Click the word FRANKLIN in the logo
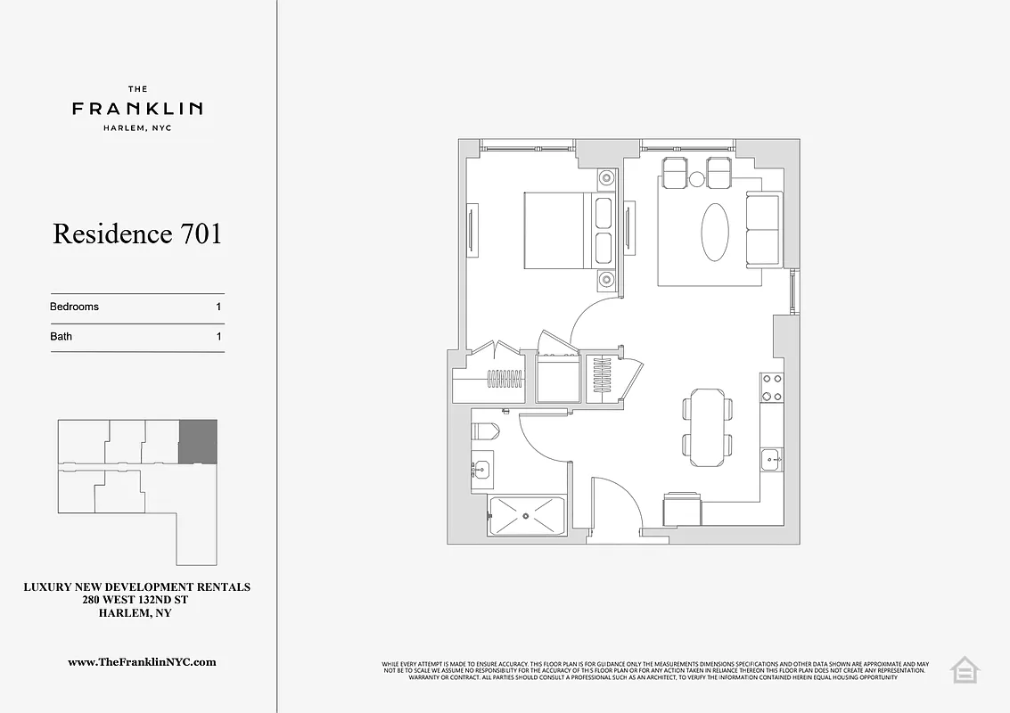[137, 109]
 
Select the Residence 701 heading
[137, 234]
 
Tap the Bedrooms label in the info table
[74, 307]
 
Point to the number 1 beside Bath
[218, 337]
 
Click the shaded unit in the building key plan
[198, 441]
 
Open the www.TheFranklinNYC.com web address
[142, 662]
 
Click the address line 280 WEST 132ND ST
[136, 601]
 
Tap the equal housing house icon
[965, 670]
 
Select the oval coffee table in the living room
[715, 232]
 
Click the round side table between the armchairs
[696, 180]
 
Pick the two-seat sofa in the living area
[762, 229]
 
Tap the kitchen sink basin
[771, 459]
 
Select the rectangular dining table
[708, 427]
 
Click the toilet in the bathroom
[485, 431]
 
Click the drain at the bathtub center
[527, 515]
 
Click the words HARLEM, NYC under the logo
[137, 127]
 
